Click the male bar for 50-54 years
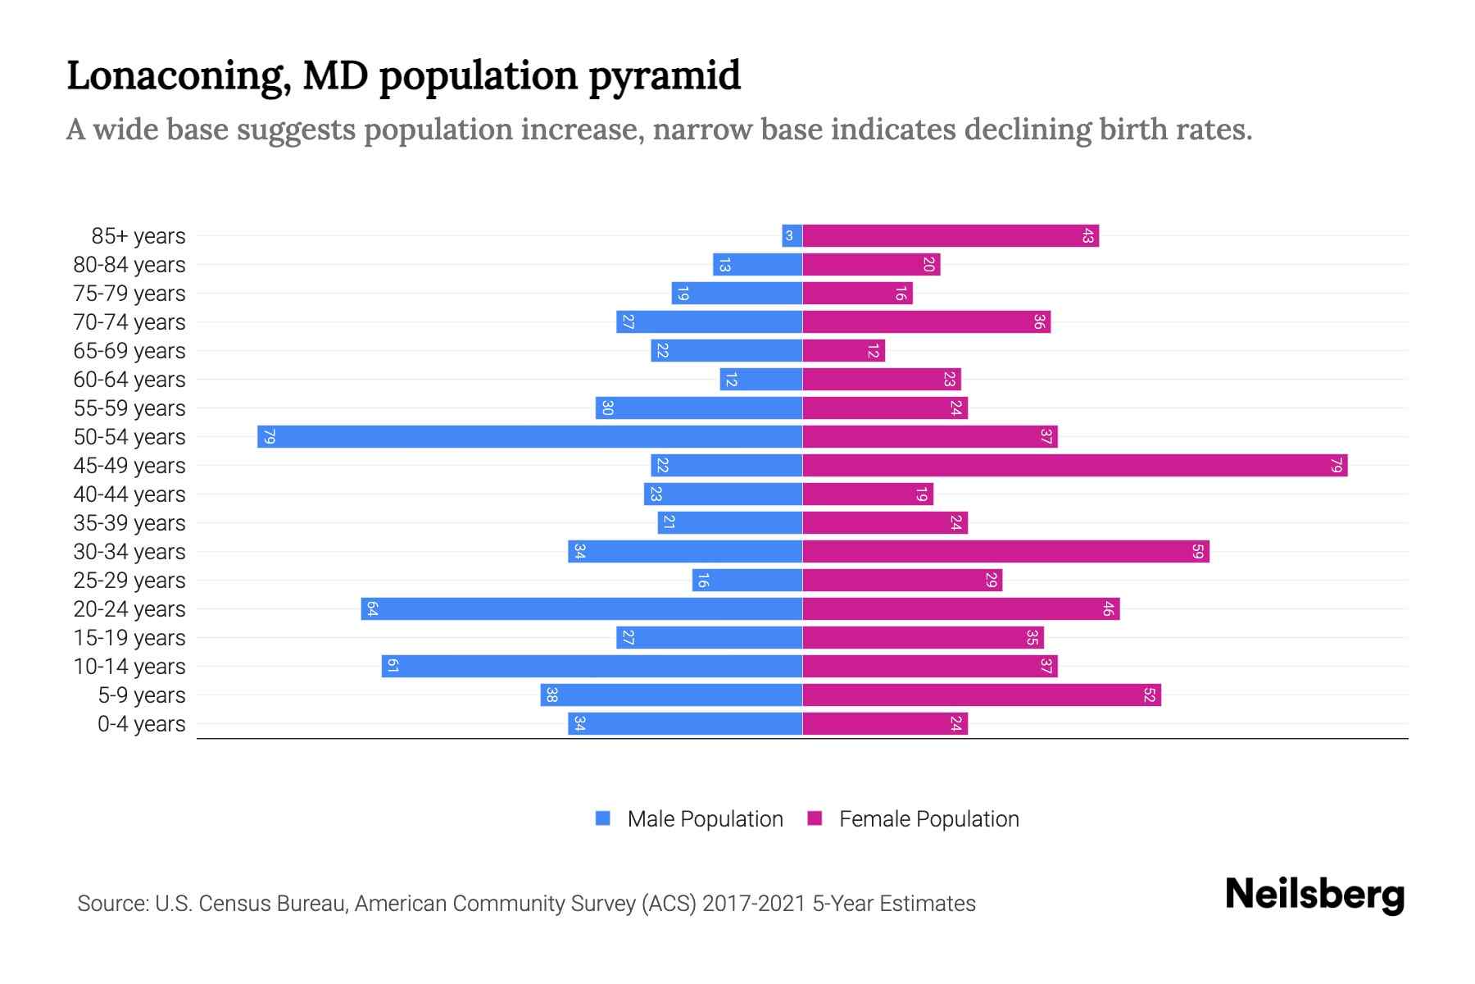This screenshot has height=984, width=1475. pos(529,436)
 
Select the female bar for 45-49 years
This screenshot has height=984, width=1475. pos(1074,466)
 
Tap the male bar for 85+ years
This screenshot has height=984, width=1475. pos(792,236)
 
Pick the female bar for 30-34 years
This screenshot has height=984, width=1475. pos(1005,552)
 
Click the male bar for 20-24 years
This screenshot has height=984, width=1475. pos(581,609)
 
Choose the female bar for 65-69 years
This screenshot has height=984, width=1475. pos(843,351)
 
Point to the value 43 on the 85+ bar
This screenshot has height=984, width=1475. pos(1087,236)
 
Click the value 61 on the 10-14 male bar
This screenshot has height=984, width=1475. pos(393,667)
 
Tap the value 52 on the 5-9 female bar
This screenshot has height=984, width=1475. pos(1149,695)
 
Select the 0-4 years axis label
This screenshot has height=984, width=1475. pos(141,724)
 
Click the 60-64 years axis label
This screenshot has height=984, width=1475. pos(129,380)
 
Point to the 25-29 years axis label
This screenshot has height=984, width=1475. pos(129,581)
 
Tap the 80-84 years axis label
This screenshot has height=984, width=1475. pos(129,265)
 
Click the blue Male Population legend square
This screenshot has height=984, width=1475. pos(603,818)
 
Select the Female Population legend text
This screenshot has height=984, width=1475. pos(928,819)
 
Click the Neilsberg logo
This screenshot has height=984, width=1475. pos(1314,895)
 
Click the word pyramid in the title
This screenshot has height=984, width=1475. pos(665,76)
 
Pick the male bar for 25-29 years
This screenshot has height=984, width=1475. pos(747,581)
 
